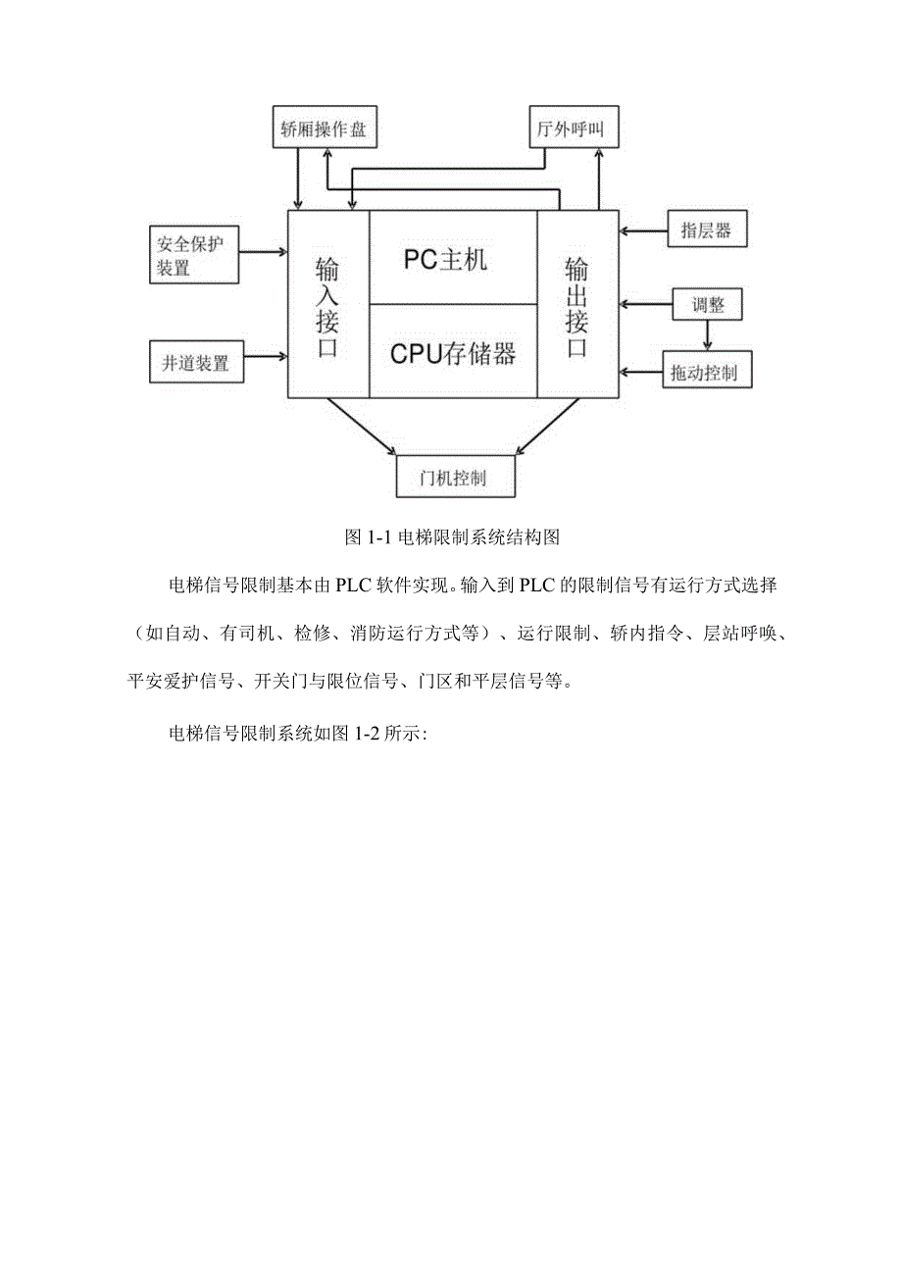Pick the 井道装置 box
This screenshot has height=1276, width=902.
pos(196,362)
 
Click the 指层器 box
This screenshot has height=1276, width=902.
pos(707,230)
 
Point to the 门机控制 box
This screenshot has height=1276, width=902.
pos(454,479)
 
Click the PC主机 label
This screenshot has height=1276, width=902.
pos(445,260)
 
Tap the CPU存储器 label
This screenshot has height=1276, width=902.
pos(452,353)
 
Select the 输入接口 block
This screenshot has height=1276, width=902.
pos(327,305)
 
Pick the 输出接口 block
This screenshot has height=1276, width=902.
pos(577,305)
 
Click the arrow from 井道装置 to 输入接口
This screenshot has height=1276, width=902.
pos(265,356)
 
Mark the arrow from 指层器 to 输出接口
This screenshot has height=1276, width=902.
pos(643,231)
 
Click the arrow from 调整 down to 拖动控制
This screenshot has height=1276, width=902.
pos(709,335)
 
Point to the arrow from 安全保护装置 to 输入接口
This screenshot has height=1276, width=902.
pos(263,251)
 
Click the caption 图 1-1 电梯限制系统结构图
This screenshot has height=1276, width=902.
pos(452,537)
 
